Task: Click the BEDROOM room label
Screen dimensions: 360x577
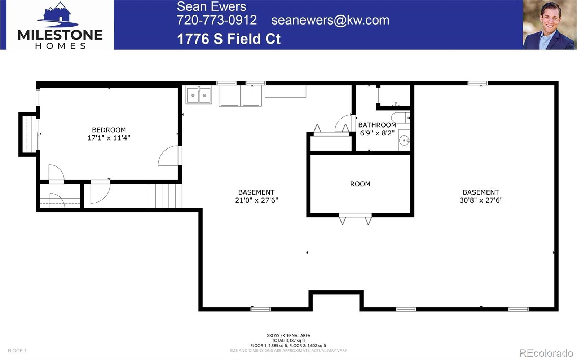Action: click(109, 130)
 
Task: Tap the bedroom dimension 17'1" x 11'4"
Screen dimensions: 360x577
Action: click(109, 138)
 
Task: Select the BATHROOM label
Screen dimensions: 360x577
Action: click(377, 125)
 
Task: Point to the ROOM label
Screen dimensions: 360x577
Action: click(360, 184)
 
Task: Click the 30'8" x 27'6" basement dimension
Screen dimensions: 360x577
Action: click(481, 200)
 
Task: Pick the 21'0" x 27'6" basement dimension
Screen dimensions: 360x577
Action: click(256, 200)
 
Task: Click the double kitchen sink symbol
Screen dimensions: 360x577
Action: click(199, 95)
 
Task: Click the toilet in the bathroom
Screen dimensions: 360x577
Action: click(400, 117)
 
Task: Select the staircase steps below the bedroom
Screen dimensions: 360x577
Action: click(165, 196)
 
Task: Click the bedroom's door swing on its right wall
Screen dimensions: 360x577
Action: click(169, 156)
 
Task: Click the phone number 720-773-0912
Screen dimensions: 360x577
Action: click(216, 20)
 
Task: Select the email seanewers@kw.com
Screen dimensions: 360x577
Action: click(330, 20)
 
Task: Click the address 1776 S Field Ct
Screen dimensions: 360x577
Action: click(229, 39)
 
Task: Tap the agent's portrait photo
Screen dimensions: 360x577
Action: click(549, 25)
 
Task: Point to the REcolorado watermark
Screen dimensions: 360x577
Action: click(546, 352)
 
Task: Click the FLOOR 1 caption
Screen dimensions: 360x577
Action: click(17, 350)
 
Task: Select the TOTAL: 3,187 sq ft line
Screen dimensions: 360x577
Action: click(288, 340)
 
